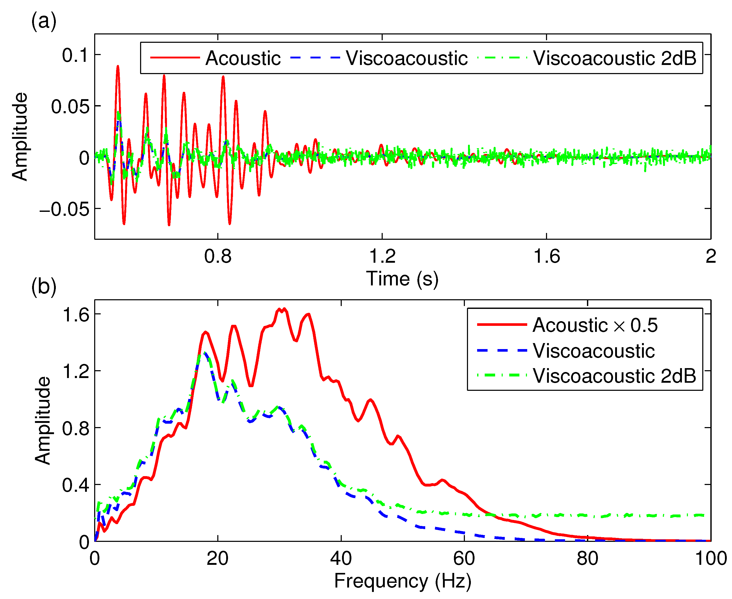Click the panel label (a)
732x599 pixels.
pyautogui.click(x=44, y=21)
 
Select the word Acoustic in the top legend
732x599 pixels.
pyautogui.click(x=243, y=58)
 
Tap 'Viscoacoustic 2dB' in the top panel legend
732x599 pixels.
pyautogui.click(x=615, y=58)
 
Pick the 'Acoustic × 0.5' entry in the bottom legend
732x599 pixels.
pyautogui.click(x=595, y=325)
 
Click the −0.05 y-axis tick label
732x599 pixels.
pyautogui.click(x=64, y=209)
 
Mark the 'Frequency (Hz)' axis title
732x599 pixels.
pyautogui.click(x=403, y=581)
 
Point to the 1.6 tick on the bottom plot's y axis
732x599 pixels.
pyautogui.click(x=76, y=315)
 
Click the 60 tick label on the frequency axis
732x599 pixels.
pyautogui.click(x=464, y=558)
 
